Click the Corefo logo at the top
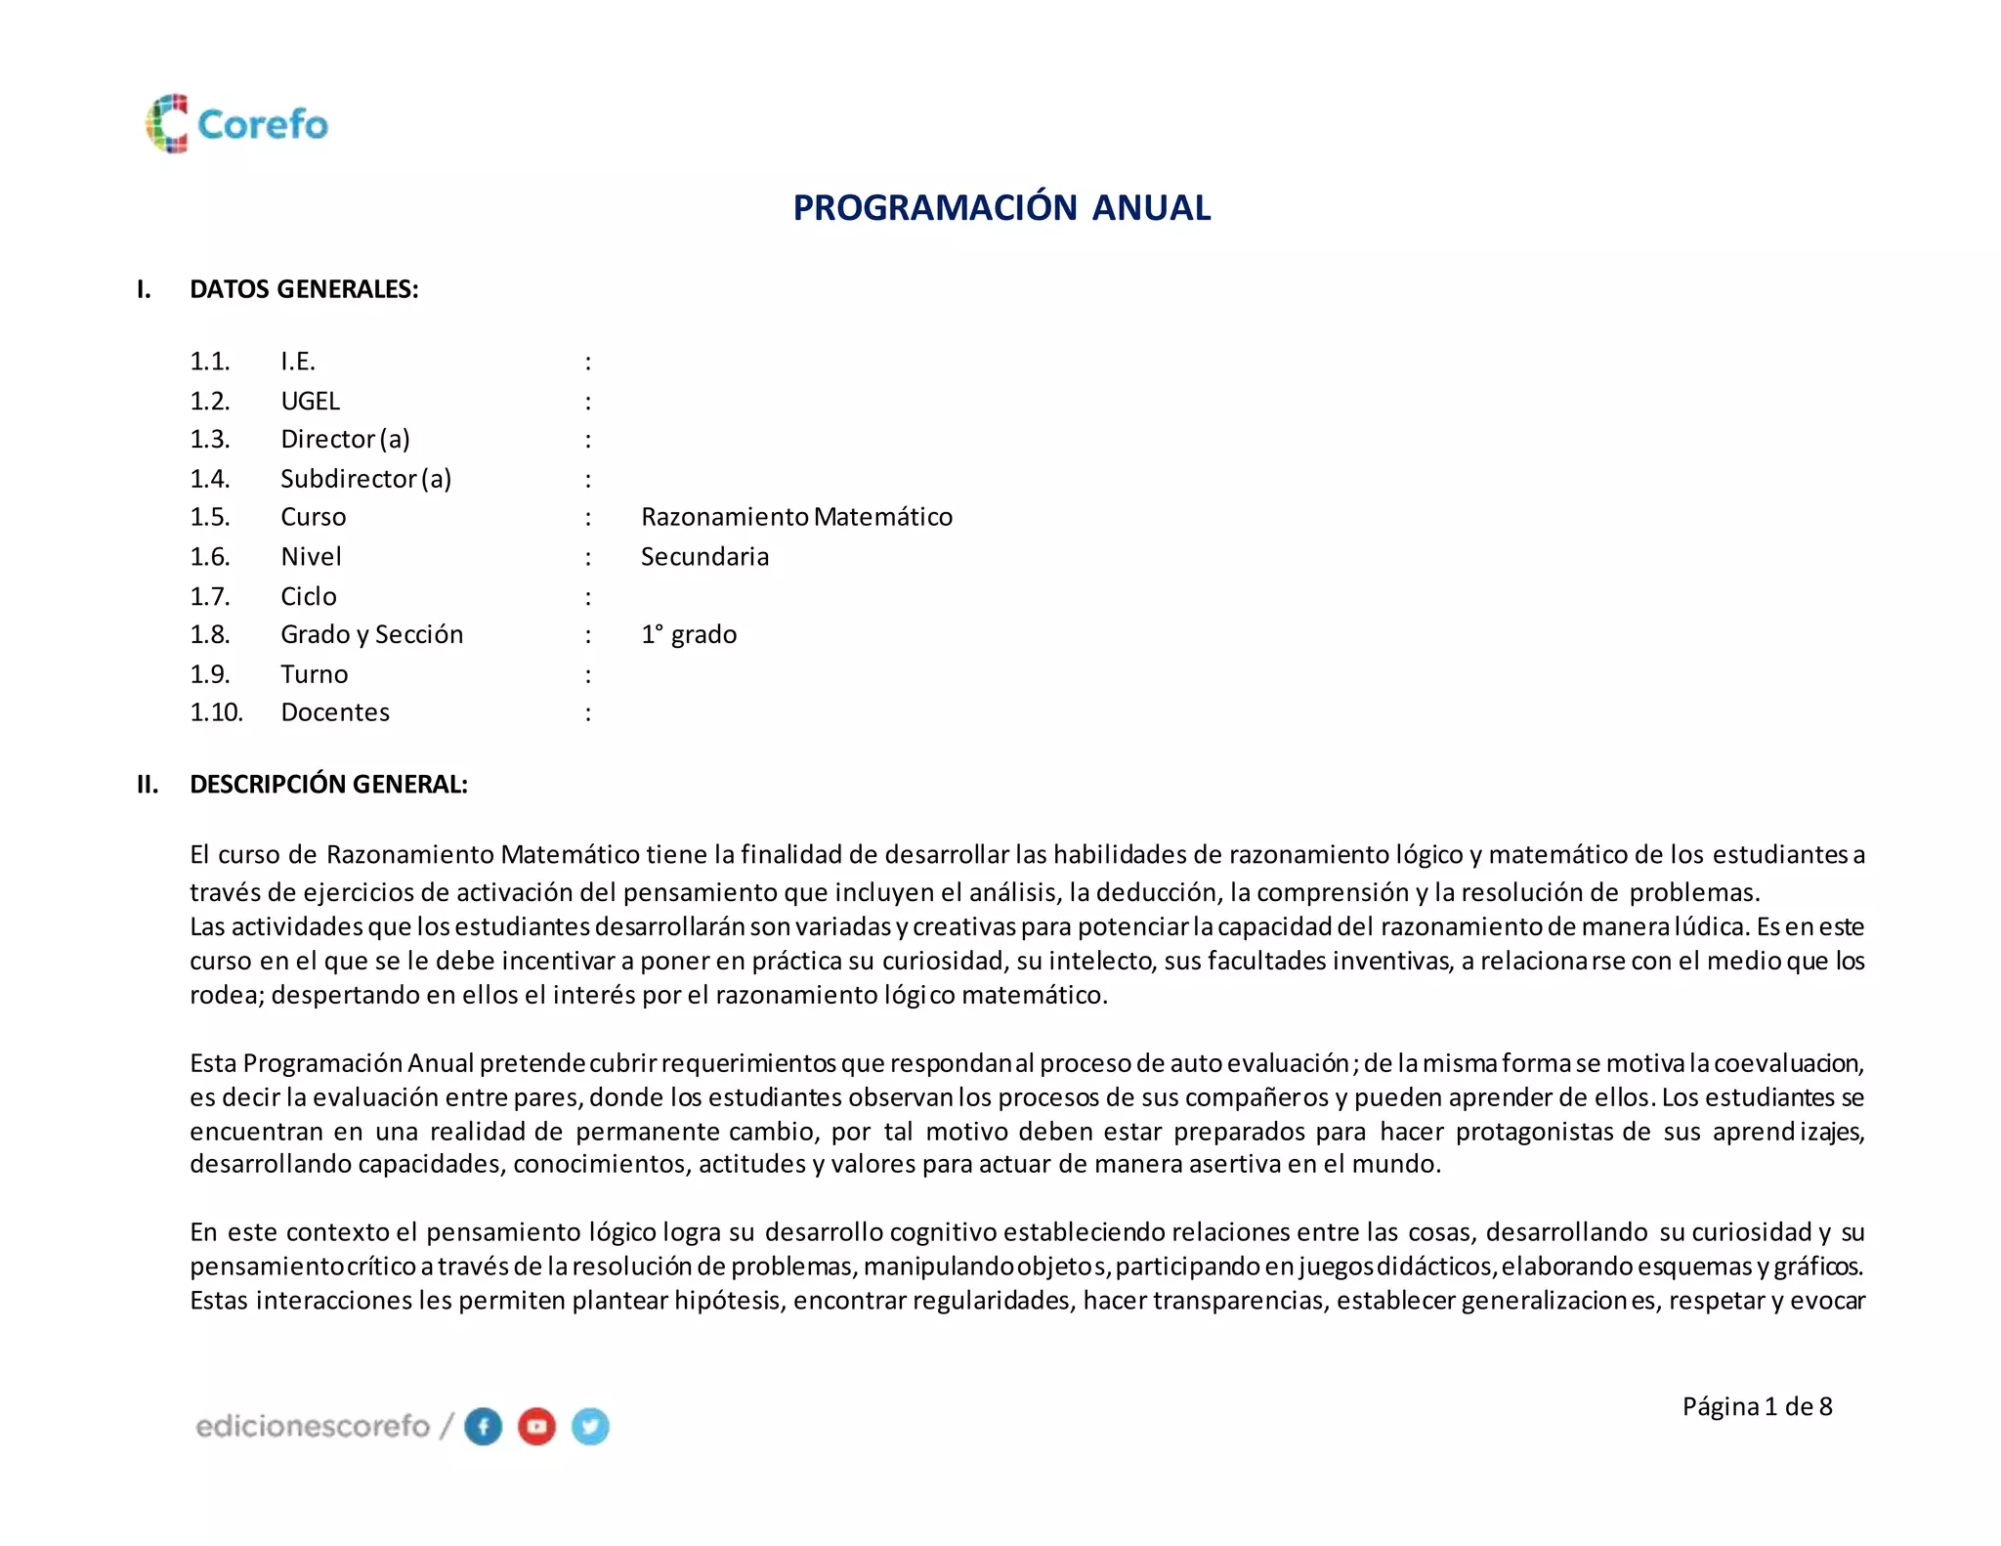(x=237, y=124)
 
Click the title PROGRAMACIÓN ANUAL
(x=1001, y=208)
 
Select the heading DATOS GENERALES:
(x=304, y=289)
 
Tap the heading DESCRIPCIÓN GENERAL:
(x=328, y=785)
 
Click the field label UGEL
(x=310, y=401)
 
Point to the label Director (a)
(x=345, y=440)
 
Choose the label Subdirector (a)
(x=365, y=479)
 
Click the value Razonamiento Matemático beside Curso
(x=796, y=517)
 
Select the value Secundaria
(x=704, y=557)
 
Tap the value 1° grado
(x=689, y=635)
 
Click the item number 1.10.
(x=216, y=712)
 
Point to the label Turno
(x=314, y=674)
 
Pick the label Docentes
(x=335, y=712)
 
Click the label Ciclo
(x=309, y=596)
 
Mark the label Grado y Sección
(x=371, y=635)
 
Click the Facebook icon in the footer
(x=483, y=1427)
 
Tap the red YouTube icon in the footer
(x=536, y=1427)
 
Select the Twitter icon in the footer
(x=590, y=1427)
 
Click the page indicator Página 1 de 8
(x=1757, y=1406)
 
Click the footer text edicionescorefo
(x=313, y=1427)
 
